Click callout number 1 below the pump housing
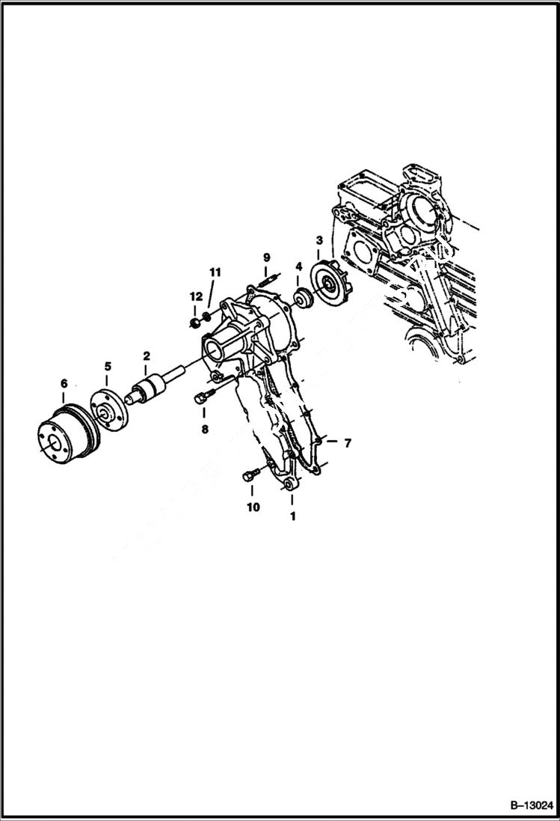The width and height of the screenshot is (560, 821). [292, 516]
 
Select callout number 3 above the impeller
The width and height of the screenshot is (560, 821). [319, 240]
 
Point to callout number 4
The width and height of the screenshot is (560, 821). [298, 266]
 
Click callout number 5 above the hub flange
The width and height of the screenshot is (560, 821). [108, 366]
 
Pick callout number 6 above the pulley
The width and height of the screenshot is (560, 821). [64, 384]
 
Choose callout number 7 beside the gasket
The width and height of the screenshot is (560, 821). [347, 443]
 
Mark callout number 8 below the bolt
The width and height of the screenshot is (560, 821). [203, 430]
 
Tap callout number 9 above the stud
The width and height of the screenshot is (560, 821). [266, 258]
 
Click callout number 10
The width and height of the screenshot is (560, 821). [253, 507]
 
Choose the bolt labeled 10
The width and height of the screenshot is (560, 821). [252, 474]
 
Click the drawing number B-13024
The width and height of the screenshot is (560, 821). [531, 805]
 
